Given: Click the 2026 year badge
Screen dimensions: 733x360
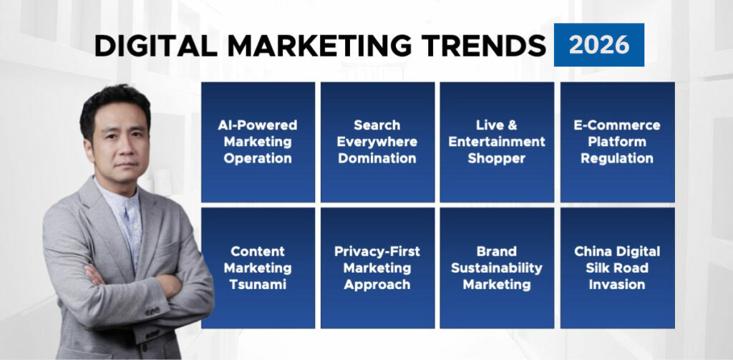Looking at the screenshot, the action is pos(599,45).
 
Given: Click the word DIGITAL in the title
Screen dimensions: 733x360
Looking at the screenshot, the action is pos(156,46).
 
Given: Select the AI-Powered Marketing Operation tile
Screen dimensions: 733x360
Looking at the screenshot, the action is pos(258,142).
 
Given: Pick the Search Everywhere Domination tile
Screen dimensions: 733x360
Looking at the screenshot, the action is pos(377,142).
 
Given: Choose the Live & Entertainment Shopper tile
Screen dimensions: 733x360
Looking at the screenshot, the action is pos(497,142).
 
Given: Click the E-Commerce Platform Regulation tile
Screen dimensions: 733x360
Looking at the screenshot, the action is pos(617,142).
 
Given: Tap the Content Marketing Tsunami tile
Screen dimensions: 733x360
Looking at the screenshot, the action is pos(258,268).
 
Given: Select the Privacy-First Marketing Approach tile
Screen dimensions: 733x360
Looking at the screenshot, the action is pos(377,268).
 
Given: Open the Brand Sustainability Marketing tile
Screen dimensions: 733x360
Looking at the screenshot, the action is pos(497,268).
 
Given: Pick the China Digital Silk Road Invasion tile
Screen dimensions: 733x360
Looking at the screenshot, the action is pos(617,268).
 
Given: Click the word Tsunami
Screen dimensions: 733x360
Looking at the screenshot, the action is pos(258,285).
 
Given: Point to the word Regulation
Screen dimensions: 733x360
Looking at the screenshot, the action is pos(617,158).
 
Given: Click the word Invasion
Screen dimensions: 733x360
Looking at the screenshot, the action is pos(617,285).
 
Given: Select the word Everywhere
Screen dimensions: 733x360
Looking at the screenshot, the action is pos(377,142).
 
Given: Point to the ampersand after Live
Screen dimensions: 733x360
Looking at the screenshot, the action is pos(513,125).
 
